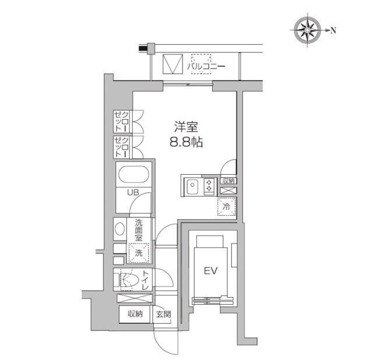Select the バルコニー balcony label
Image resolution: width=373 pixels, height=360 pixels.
tap(206, 67)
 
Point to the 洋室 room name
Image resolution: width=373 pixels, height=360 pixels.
tap(185, 126)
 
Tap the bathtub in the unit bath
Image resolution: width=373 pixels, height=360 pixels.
tap(133, 174)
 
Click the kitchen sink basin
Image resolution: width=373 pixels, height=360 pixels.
tap(193, 186)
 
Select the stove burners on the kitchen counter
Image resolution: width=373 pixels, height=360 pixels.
tap(208, 186)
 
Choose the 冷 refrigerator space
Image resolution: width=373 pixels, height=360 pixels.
tap(226, 206)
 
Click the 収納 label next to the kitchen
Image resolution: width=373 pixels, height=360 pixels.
tap(228, 181)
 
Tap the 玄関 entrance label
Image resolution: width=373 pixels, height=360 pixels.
tap(163, 315)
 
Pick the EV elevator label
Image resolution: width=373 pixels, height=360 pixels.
tap(210, 271)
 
